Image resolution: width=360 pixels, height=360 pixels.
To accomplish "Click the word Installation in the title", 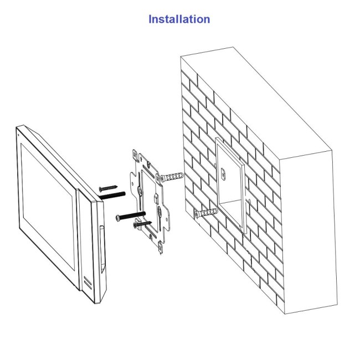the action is [x=179, y=19].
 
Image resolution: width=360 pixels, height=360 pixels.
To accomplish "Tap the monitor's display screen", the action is [x=48, y=207].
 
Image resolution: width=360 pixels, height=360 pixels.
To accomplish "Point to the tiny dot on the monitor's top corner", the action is [x=18, y=135].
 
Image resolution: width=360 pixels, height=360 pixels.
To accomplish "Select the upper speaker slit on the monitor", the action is [x=88, y=280].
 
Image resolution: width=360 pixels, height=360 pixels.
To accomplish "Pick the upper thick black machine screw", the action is [x=112, y=196].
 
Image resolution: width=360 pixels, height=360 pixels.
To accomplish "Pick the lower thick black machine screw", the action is [x=131, y=215].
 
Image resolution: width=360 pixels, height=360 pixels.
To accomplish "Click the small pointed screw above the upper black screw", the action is [x=109, y=188].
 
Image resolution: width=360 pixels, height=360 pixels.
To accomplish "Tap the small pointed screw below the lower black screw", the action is [x=142, y=224].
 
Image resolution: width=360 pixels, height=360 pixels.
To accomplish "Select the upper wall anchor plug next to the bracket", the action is [x=172, y=177].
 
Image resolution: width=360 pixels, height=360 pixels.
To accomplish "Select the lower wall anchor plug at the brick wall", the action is [x=206, y=213].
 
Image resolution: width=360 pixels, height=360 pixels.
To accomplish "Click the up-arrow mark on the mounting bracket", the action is [x=141, y=158].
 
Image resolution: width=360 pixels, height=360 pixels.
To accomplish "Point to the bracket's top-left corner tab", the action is [x=136, y=155].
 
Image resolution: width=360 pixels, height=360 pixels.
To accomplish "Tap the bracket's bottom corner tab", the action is [x=161, y=249].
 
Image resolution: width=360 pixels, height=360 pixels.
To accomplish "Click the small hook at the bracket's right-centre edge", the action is [x=156, y=198].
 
